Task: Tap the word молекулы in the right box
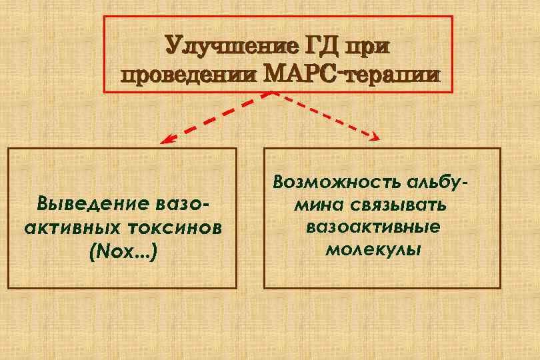(x=373, y=251)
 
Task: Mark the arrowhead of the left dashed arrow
(x=164, y=141)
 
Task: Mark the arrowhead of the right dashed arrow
(x=375, y=137)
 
